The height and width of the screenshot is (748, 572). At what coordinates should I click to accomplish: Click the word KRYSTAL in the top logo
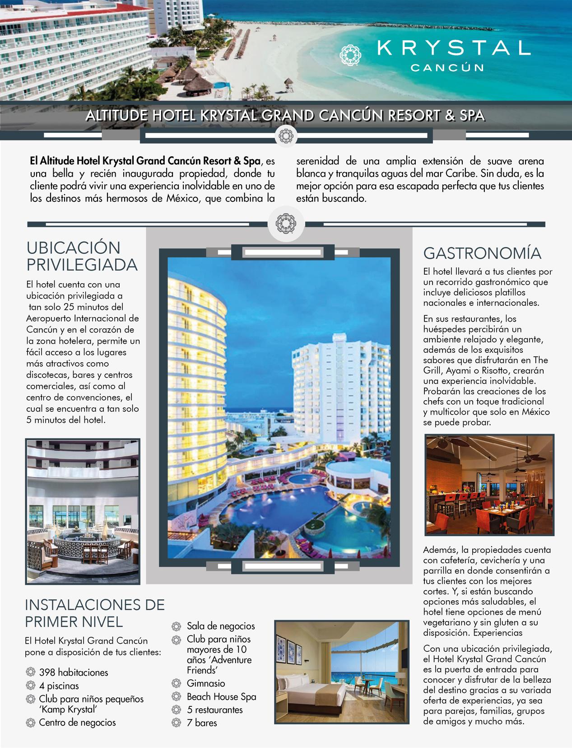point(453,48)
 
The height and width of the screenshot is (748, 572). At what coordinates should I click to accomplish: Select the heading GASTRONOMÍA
point(482,253)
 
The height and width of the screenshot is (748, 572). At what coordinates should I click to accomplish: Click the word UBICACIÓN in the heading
point(74,248)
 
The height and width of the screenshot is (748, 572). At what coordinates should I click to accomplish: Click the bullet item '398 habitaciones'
point(73,672)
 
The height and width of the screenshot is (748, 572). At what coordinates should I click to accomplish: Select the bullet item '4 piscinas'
point(59,686)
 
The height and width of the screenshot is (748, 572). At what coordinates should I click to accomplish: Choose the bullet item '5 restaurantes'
point(214,710)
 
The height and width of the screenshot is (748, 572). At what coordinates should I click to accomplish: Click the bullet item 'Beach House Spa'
point(221,697)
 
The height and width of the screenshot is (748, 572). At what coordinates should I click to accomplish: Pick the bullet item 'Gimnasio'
point(205,683)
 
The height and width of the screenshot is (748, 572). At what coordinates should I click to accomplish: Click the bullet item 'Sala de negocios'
point(221,626)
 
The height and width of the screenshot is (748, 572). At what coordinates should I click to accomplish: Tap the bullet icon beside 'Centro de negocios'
point(31,722)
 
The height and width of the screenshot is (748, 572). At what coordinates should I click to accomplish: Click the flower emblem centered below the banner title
point(285,135)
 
